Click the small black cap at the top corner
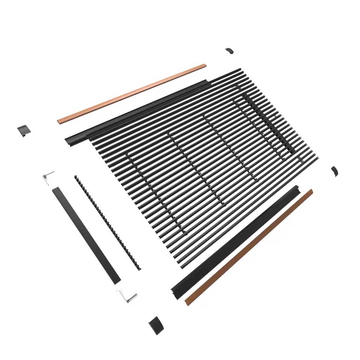tap(229, 51)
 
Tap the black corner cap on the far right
tap(334, 171)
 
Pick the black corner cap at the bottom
tap(155, 325)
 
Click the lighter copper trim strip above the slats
tap(132, 93)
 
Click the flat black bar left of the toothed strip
tap(86, 236)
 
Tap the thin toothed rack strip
tap(107, 223)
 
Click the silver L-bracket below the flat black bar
tap(127, 296)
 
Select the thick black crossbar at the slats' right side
tap(269, 123)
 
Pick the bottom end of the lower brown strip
tap(187, 302)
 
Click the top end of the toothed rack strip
tap(76, 177)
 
